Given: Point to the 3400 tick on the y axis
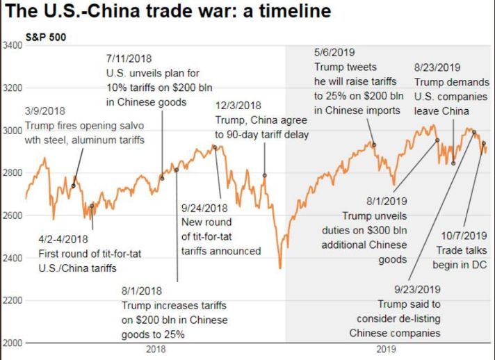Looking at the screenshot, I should (x=13, y=45).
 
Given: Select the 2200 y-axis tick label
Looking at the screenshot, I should (x=13, y=301).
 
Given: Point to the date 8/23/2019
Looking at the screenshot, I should (x=437, y=67).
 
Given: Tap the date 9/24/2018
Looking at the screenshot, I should (x=204, y=208).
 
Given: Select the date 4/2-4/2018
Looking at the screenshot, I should (x=68, y=239).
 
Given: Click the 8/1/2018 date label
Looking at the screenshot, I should (x=143, y=291).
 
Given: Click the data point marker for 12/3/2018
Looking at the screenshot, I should (x=264, y=175).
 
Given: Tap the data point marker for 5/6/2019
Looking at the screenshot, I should (x=374, y=145).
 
